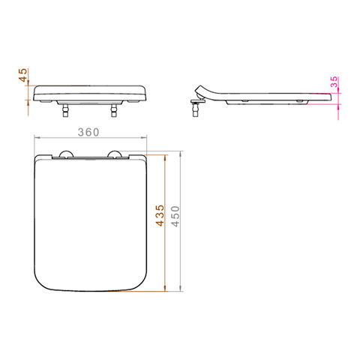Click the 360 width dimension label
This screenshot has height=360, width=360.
88,132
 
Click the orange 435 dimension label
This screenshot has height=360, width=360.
160,215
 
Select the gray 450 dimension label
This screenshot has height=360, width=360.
175,217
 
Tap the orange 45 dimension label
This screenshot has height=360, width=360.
23,75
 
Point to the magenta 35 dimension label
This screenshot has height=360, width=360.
334,82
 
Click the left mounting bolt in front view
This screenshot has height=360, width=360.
65,110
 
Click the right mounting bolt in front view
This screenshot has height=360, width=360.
114,110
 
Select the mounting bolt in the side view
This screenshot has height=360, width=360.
196,110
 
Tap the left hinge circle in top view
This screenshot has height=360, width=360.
67,154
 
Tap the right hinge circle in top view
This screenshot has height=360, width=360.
114,154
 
